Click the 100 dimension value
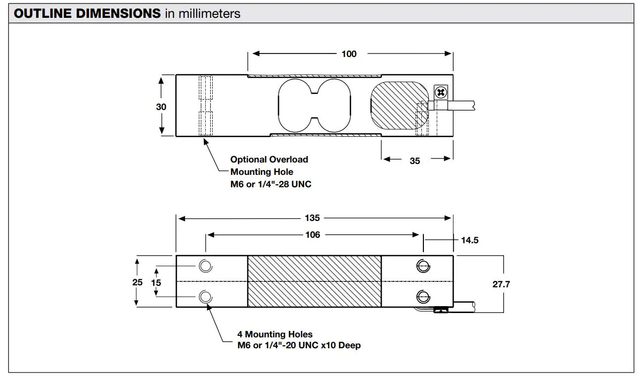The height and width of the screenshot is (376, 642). point(349,54)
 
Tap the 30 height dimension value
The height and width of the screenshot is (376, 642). point(161,107)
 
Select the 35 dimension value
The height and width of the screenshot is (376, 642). point(414,161)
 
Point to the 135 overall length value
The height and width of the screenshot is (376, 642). point(313,218)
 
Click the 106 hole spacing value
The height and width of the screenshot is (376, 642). point(313,235)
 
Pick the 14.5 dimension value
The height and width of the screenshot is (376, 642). point(469,240)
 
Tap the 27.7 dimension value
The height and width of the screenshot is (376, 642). point(501,284)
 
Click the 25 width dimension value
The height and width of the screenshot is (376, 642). point(138,282)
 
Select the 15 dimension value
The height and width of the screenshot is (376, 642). point(156,283)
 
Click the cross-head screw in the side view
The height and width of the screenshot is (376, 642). point(440,92)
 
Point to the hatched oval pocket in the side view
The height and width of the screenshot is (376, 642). point(399,105)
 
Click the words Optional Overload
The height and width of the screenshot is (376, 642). point(269,160)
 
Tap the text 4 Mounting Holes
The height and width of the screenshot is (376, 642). point(278,334)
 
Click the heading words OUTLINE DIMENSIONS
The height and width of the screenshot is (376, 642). point(87,13)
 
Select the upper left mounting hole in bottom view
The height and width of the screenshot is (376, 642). point(205,267)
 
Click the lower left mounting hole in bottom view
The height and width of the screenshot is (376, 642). point(205,297)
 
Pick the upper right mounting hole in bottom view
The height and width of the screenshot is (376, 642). point(422,267)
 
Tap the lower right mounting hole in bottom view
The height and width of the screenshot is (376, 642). point(422,297)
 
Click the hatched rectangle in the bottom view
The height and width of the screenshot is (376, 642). point(314,281)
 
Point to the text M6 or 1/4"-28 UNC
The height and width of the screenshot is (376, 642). point(271,184)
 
